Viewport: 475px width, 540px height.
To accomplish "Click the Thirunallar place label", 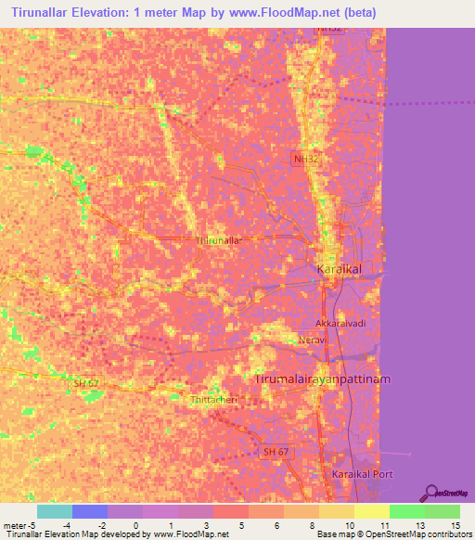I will click(x=219, y=240).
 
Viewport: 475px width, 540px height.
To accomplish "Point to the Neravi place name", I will click(x=314, y=341).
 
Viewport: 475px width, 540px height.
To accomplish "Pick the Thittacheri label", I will click(x=213, y=399).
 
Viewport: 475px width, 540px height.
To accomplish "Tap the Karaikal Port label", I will click(x=363, y=473).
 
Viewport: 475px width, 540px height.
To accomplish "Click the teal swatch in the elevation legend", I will click(x=55, y=511).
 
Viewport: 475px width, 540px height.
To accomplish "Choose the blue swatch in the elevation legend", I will click(x=90, y=511).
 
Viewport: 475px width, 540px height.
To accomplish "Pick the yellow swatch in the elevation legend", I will click(x=372, y=511).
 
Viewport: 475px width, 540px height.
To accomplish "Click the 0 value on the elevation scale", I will click(x=135, y=525).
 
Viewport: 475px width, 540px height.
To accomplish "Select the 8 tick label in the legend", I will click(x=312, y=525).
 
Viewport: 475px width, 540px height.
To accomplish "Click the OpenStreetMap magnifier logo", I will click(x=431, y=492).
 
